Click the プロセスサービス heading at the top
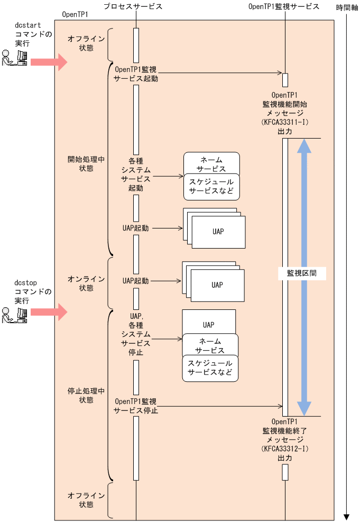click(132, 7)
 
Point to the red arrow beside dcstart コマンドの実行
click(49, 62)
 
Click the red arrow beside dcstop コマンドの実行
click(49, 312)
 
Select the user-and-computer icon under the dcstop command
click(15, 315)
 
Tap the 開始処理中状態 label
click(86, 163)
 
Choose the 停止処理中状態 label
click(86, 395)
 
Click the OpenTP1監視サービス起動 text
click(136, 74)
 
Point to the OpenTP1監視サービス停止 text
click(136, 406)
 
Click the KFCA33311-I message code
click(285, 122)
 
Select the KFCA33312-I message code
click(285, 449)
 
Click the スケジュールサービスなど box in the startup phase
click(211, 187)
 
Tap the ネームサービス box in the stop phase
click(210, 345)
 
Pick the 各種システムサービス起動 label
click(136, 174)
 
